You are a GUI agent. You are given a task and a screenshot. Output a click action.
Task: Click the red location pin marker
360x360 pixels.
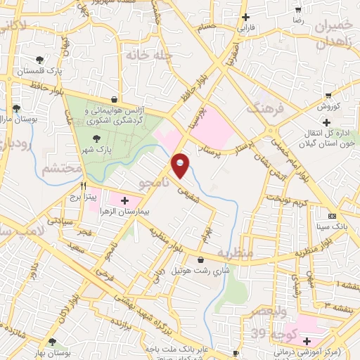tap(181, 165)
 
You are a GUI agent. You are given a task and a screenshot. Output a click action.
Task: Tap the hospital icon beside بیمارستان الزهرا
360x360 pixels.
tap(124, 201)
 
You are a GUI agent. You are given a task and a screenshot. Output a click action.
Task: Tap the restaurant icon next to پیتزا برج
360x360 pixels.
tap(83, 186)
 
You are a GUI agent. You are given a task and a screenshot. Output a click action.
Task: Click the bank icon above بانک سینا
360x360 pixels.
tap(333, 216)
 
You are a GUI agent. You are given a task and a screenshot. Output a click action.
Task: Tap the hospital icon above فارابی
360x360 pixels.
tap(245, 17)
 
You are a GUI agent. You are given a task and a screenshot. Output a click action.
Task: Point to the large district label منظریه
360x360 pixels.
tap(234, 252)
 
